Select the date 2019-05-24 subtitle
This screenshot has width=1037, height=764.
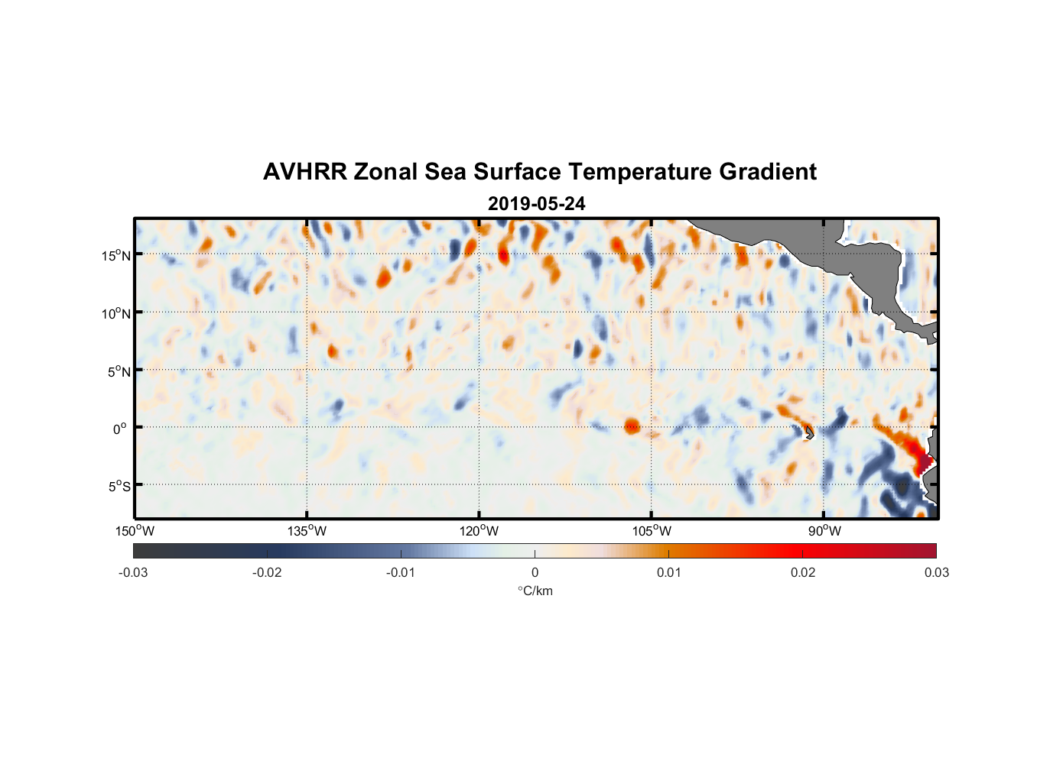click(536, 204)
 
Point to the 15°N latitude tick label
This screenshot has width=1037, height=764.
click(116, 255)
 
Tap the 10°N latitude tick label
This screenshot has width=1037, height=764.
click(116, 313)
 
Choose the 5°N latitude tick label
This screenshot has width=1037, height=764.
click(119, 371)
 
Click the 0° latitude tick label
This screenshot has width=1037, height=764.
click(120, 429)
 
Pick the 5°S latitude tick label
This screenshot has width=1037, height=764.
click(119, 487)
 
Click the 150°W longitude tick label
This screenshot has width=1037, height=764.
click(135, 531)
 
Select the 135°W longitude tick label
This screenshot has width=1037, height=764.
click(307, 531)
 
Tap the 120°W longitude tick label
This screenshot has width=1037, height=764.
click(479, 531)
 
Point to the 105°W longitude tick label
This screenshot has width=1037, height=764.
click(652, 531)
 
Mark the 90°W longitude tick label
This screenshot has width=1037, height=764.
click(824, 531)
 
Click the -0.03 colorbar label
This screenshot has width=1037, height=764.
click(133, 572)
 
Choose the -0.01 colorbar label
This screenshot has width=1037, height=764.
click(401, 572)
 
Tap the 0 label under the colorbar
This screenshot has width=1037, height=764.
click(535, 572)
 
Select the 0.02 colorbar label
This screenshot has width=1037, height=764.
click(803, 572)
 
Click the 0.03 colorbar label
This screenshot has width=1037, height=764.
click(936, 572)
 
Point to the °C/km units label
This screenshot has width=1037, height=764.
click(535, 591)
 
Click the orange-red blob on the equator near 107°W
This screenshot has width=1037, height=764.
click(632, 426)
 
